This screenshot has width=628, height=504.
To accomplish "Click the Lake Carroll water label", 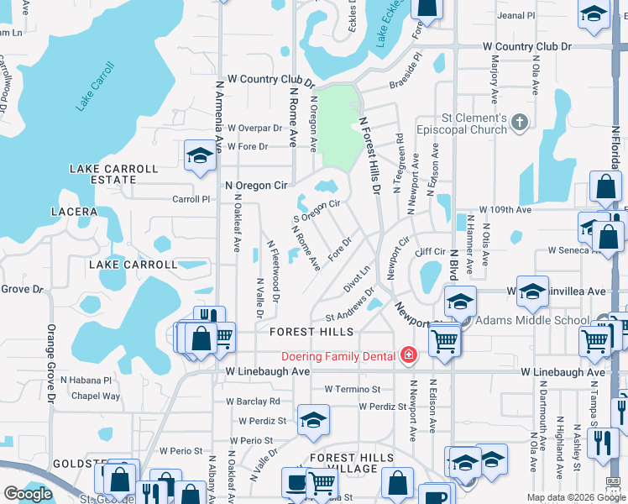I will click(94, 87).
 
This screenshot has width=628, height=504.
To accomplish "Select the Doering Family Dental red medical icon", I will click(409, 356).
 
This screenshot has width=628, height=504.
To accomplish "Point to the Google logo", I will click(28, 493).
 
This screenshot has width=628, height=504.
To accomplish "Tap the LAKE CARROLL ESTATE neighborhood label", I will click(114, 174).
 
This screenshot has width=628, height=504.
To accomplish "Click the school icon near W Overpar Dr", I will click(200, 155).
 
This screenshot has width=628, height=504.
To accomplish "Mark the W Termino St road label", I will click(352, 390).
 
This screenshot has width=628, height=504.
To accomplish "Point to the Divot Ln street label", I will click(356, 281).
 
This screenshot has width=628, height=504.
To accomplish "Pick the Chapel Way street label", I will click(96, 396).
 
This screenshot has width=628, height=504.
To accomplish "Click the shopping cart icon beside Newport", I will click(443, 340).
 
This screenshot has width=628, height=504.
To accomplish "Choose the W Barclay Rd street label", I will click(252, 402).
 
